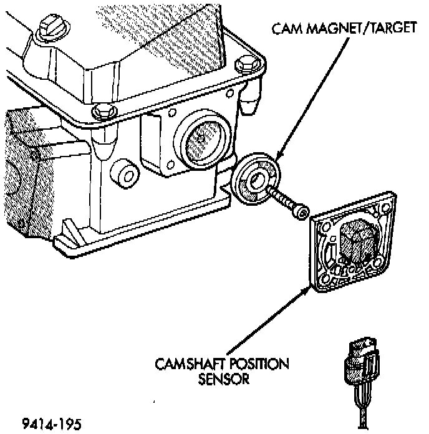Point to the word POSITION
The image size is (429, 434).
click(x=258, y=364)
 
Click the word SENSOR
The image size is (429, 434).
click(x=224, y=379)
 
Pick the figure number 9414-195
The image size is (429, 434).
click(x=51, y=424)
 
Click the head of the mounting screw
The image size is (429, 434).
click(x=302, y=213)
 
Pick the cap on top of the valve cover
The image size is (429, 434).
click(x=49, y=29)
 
